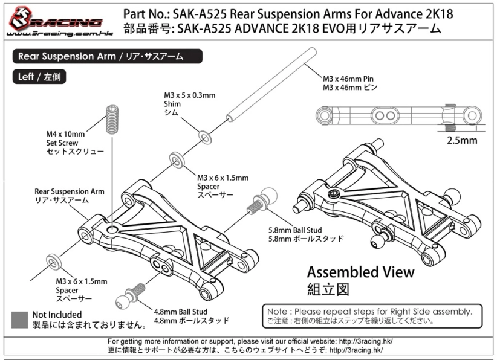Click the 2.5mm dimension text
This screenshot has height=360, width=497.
coord(461,141)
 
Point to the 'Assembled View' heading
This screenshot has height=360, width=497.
coord(360,272)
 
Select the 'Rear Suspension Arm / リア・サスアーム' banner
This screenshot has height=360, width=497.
coord(106,57)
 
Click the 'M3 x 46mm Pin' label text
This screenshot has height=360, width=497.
coord(349,79)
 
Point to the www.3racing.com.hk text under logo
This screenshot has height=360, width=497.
coord(53,33)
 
